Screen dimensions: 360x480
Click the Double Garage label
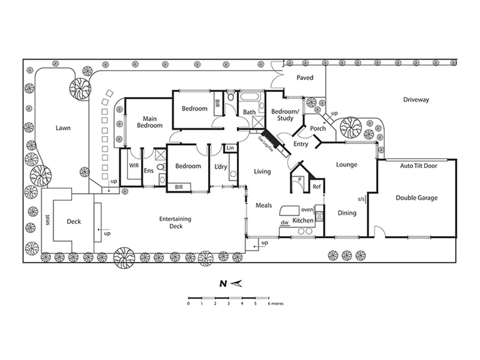(x=416, y=198)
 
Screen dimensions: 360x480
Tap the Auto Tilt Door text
(x=418, y=166)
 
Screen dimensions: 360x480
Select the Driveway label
(x=416, y=99)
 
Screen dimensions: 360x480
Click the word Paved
(x=305, y=78)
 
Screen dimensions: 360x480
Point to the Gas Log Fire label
(x=265, y=144)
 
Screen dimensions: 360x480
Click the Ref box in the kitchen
(x=316, y=187)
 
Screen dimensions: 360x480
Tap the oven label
(x=307, y=210)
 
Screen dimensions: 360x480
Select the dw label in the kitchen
(x=284, y=222)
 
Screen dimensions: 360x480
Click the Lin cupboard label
(x=230, y=148)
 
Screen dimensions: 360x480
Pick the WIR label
(x=134, y=165)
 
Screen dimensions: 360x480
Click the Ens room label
(x=149, y=171)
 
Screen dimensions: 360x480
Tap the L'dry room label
(x=221, y=166)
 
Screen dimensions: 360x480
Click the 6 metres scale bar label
(x=276, y=304)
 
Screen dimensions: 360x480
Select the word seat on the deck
(x=47, y=220)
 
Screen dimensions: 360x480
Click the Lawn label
(x=63, y=128)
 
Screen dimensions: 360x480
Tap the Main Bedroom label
(x=150, y=122)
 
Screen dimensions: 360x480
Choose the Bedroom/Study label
(x=285, y=115)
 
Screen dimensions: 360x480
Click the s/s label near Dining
(x=361, y=199)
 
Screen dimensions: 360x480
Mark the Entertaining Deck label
(x=175, y=223)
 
